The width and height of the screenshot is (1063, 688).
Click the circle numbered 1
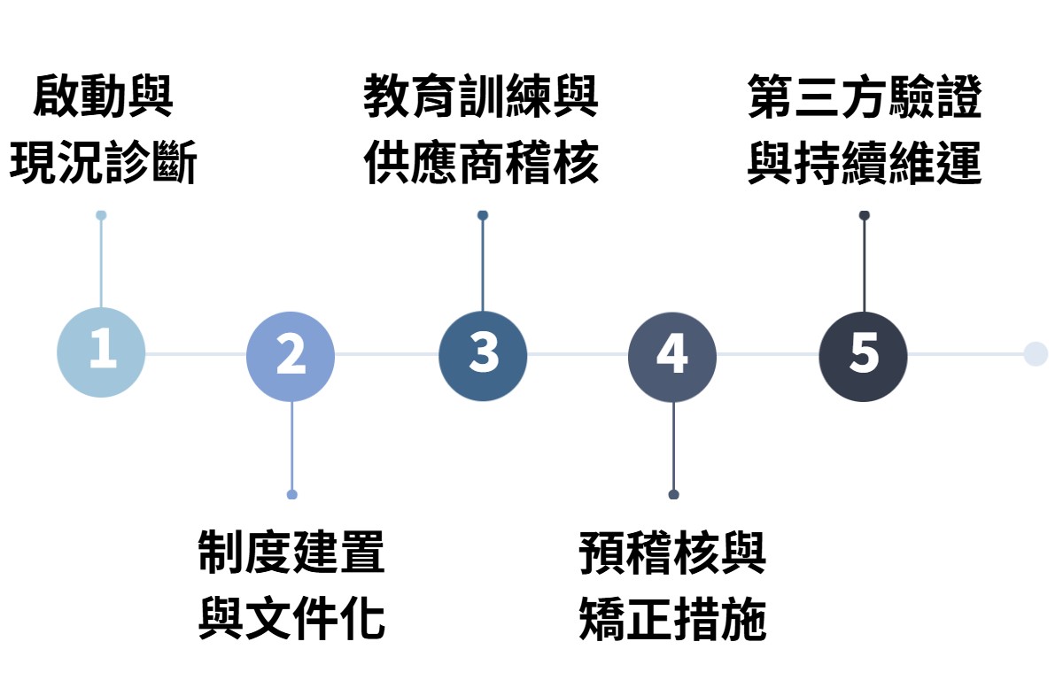point(101,352)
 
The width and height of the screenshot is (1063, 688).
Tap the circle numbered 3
point(483,355)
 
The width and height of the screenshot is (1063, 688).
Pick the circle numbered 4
point(672,356)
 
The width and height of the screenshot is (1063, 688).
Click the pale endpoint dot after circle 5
point(1035,354)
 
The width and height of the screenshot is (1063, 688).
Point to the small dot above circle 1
point(101,215)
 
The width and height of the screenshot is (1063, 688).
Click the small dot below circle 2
point(291,494)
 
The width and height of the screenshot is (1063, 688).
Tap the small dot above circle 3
point(483,215)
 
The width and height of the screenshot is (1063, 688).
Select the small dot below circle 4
point(673,494)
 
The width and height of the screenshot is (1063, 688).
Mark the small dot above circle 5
point(864,215)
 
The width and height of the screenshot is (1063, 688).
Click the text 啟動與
point(103,97)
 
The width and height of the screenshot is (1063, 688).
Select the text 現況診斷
point(103,164)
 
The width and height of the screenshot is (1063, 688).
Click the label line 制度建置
point(291,553)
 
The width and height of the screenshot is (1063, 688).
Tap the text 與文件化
point(291,619)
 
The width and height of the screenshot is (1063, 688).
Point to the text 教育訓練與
point(481,97)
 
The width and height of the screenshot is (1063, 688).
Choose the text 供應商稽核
point(481,164)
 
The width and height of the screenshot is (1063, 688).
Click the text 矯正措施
point(672,619)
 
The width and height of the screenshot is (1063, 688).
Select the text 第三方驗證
point(865,97)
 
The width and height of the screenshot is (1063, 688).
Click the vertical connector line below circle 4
point(673,447)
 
